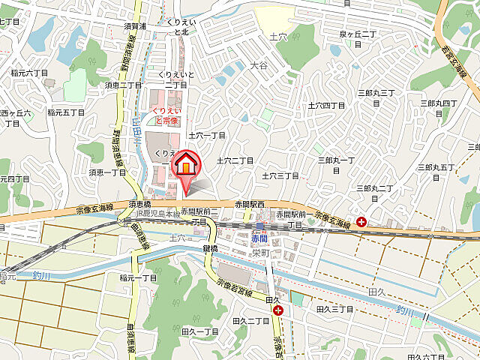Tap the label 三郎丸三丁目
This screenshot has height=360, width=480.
[376, 92]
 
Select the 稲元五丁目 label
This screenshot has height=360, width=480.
[66, 112]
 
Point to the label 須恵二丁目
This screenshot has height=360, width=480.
[124, 85]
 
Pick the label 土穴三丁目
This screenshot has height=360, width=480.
[280, 175]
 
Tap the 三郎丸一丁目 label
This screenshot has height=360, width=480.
[335, 160]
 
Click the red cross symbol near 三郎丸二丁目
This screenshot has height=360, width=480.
[361, 222]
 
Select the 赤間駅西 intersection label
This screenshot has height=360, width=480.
[250, 204]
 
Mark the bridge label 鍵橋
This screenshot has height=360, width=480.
[209, 248]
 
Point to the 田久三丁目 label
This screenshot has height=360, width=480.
[334, 309]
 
